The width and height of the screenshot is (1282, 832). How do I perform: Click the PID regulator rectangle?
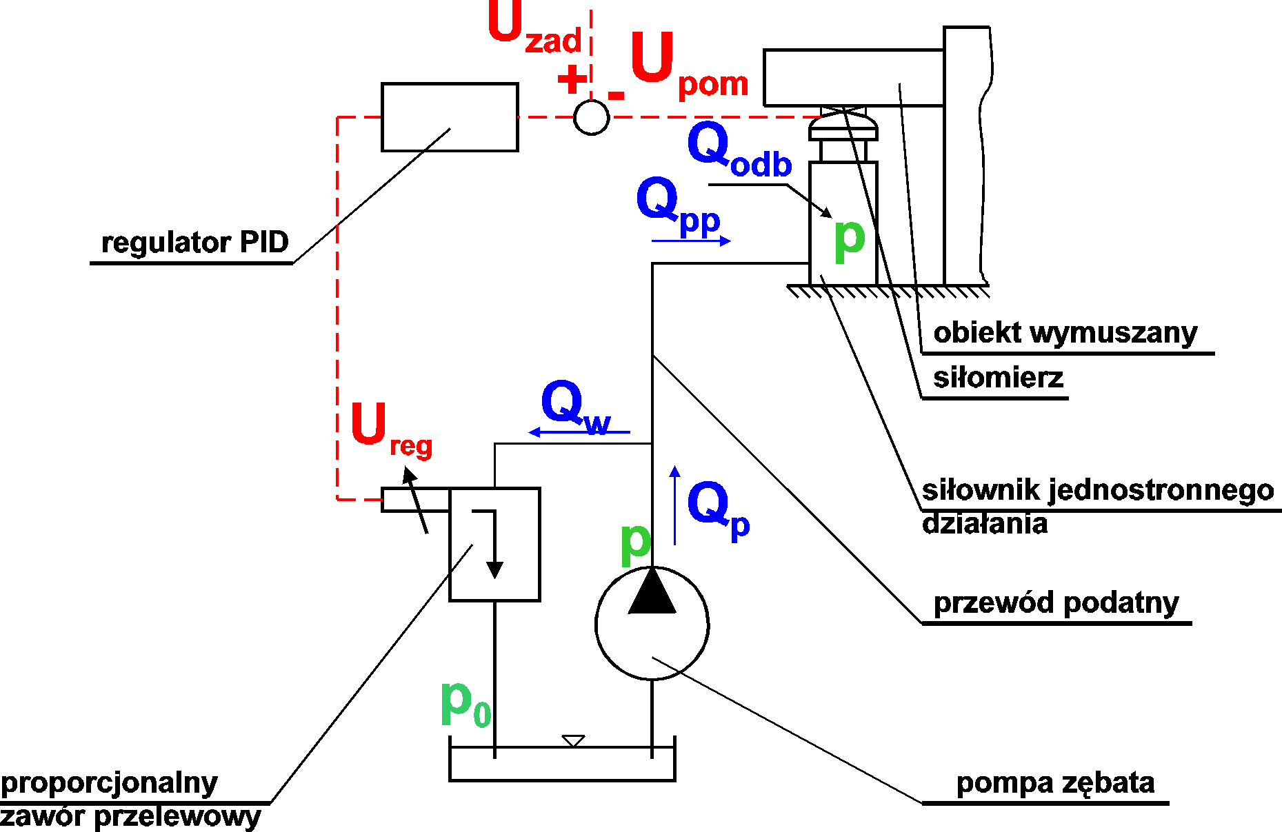[x=450, y=117]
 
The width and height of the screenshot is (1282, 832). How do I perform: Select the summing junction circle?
[x=591, y=117]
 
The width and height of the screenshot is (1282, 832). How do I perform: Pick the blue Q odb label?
[x=739, y=150]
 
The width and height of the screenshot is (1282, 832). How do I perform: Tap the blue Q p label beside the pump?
[x=718, y=509]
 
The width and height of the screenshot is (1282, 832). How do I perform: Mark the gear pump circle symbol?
[x=652, y=623]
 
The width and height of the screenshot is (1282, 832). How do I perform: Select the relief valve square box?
[x=494, y=545]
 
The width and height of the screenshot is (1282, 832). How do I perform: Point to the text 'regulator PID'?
[x=194, y=243]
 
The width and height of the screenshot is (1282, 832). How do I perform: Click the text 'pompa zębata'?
[x=1055, y=783]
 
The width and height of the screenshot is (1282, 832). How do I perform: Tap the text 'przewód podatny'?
[x=1056, y=603]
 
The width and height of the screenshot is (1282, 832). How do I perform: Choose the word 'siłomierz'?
[x=998, y=378]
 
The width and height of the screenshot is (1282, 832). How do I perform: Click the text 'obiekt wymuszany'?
[x=1065, y=333]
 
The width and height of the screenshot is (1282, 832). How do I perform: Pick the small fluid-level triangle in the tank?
[x=573, y=740]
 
